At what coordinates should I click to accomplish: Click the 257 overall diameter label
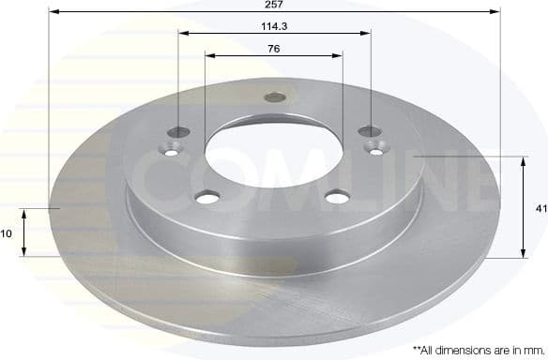pyautogui.click(x=274, y=5)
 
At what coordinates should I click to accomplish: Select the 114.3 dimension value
pyautogui.click(x=274, y=25)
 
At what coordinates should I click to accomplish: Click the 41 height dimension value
pyautogui.click(x=540, y=209)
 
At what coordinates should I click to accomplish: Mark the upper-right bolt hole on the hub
pyautogui.click(x=370, y=131)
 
